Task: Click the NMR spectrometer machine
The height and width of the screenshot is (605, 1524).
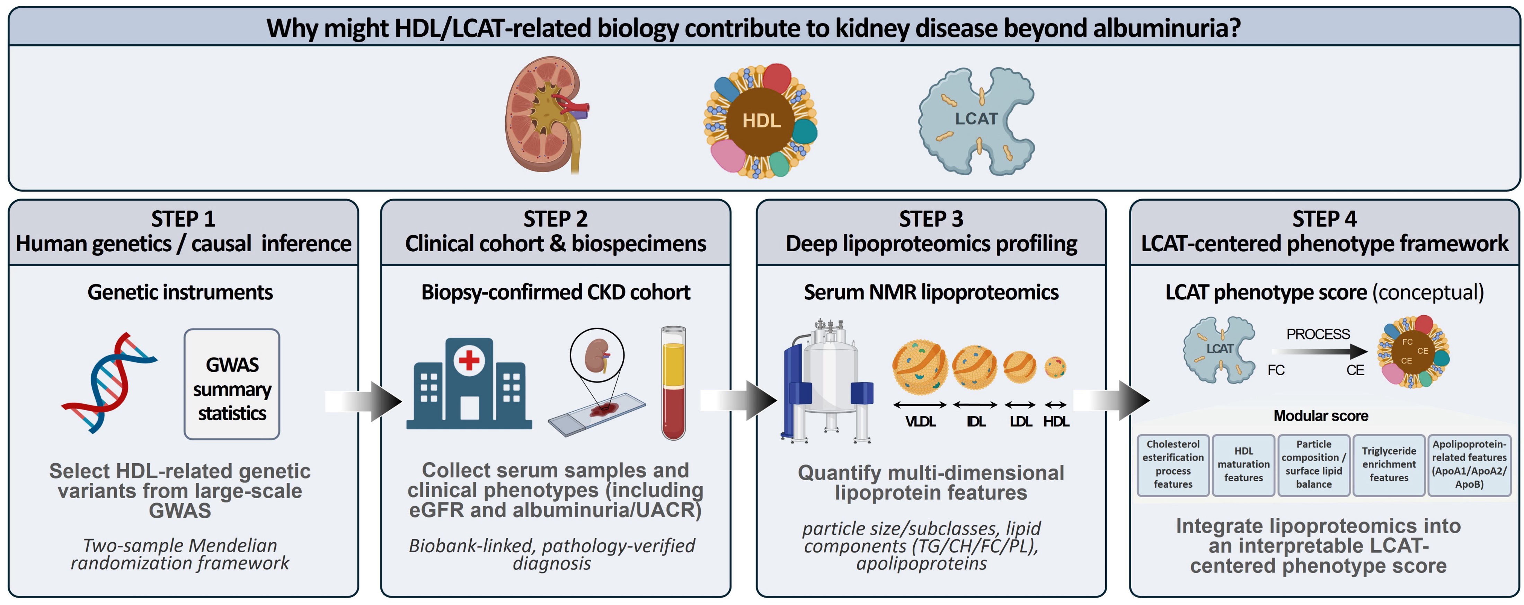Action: click(827, 382)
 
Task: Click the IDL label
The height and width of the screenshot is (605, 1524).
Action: click(976, 421)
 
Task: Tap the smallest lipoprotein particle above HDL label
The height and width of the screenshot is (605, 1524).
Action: click(1055, 367)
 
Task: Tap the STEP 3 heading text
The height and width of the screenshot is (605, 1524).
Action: click(931, 219)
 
